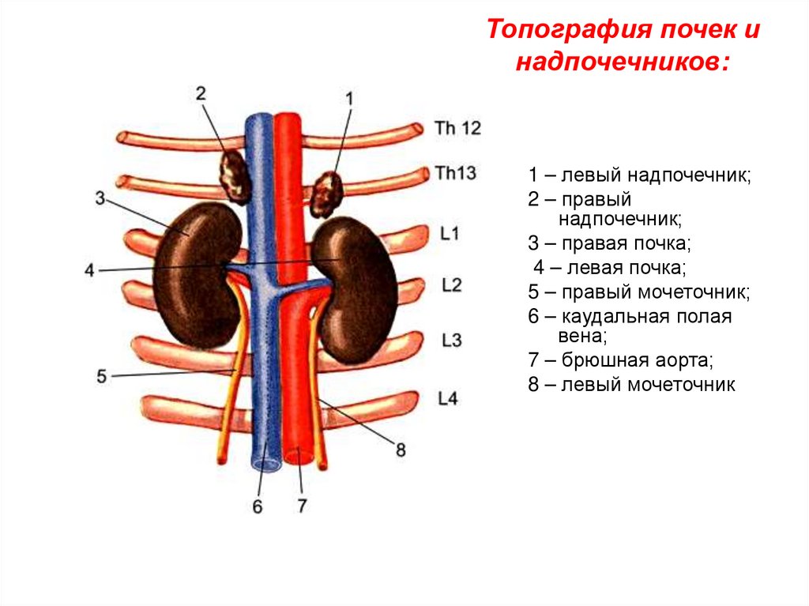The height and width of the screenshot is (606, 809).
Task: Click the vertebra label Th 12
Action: tap(457, 128)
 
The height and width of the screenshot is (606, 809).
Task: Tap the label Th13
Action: tap(455, 174)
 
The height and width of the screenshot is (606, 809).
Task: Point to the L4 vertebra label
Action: tap(447, 399)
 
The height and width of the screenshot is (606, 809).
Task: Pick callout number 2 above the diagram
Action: tap(201, 92)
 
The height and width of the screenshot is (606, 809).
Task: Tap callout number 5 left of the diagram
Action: tap(101, 377)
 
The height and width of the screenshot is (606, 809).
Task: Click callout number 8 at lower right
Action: tap(401, 450)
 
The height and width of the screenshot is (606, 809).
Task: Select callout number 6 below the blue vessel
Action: tap(257, 506)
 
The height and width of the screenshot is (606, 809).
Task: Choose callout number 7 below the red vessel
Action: tap(301, 506)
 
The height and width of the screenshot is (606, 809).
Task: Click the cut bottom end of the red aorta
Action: tap(299, 457)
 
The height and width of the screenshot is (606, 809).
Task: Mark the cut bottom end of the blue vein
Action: tap(266, 463)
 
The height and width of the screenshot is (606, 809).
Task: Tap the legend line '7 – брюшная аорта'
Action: tap(621, 362)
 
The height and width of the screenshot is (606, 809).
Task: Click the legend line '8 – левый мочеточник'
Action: tap(632, 386)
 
